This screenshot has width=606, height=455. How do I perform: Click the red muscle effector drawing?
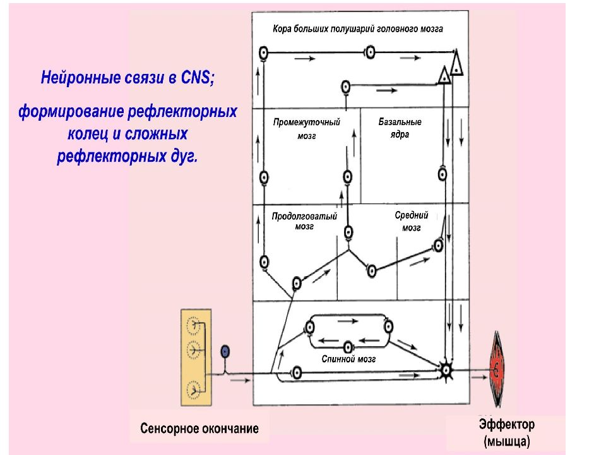[x=497, y=370]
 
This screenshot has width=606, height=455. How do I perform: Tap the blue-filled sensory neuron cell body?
[x=225, y=352]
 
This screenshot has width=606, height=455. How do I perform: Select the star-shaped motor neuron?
[x=446, y=370]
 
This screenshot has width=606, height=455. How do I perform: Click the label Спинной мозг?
[x=348, y=359]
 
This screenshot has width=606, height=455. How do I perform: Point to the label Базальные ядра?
[x=400, y=128]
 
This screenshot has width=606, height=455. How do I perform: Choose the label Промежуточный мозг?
[x=307, y=129]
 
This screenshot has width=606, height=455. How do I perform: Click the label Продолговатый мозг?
[x=304, y=221]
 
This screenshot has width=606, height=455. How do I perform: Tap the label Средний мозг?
[x=412, y=221]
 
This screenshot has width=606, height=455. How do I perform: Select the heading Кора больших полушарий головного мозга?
[x=358, y=29]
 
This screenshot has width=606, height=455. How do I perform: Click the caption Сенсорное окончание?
[x=199, y=428]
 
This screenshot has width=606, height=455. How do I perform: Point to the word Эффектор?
[x=507, y=425]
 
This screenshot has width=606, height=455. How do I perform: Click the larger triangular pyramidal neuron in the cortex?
[x=457, y=63]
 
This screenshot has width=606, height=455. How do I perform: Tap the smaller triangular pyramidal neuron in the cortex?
[x=444, y=75]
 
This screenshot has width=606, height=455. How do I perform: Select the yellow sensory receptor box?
[x=196, y=357]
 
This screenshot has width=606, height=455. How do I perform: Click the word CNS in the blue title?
[x=196, y=78]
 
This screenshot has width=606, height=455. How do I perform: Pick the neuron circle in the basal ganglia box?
[x=443, y=174]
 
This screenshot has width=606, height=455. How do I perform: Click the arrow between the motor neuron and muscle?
[x=479, y=377]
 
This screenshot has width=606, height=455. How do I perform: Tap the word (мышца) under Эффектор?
[x=507, y=441]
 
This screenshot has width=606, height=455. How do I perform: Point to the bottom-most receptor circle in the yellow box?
[x=193, y=390]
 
